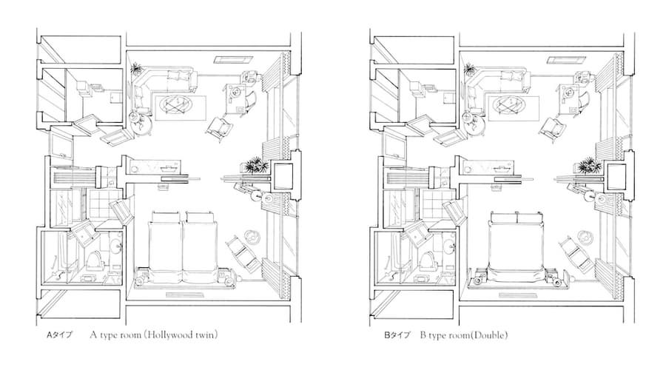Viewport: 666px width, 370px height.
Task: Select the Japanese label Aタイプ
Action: [x=59, y=335]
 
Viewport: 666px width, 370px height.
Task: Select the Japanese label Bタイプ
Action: [x=397, y=335]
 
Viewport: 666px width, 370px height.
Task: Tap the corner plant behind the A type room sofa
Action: [x=136, y=69]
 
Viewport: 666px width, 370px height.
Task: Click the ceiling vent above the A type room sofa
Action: [x=233, y=59]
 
